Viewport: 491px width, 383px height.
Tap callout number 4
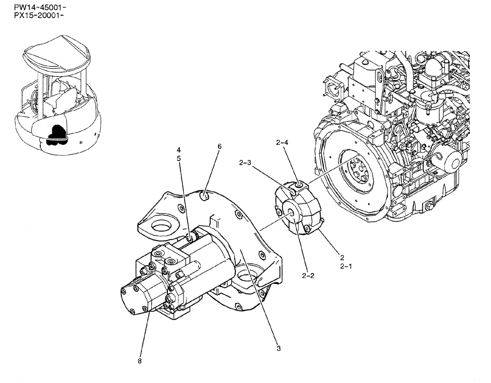click(179, 150)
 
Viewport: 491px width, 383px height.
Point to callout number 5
click(179, 158)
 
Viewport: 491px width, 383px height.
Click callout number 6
click(219, 146)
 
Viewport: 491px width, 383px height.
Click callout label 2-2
click(308, 275)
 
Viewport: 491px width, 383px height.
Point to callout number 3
click(278, 349)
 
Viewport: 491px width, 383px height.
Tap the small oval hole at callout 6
click(206, 197)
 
